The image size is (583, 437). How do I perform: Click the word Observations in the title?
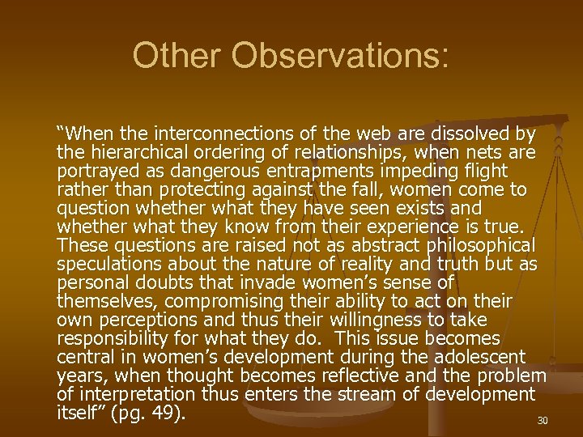(338, 56)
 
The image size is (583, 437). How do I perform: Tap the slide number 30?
(543, 421)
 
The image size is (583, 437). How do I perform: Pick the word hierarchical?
(134, 151)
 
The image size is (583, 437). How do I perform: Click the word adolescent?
(474, 357)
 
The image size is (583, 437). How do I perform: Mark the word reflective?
(360, 375)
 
